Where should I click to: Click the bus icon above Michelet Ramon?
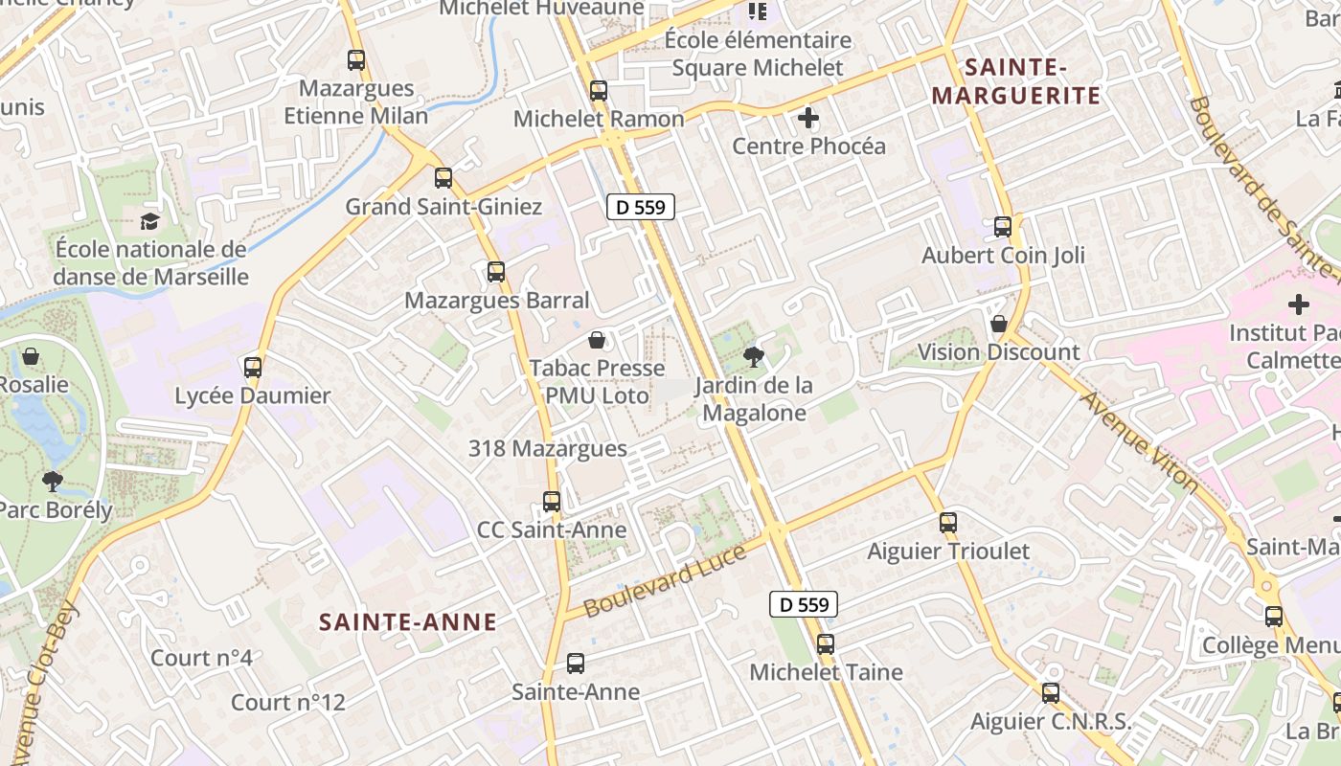[599, 92]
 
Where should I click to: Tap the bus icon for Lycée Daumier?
[253, 368]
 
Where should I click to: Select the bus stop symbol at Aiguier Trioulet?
[948, 523]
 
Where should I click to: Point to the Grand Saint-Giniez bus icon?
[443, 178]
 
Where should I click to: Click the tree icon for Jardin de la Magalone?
[754, 358]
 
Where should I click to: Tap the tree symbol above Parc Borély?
[52, 481]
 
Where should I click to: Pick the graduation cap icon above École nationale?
[150, 222]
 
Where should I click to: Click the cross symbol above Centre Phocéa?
[808, 119]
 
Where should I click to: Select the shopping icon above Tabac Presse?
[597, 340]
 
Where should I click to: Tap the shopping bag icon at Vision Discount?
[999, 324]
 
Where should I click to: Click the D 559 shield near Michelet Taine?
[804, 604]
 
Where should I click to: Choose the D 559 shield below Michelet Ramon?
[641, 207]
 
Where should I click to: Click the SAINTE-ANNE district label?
[408, 622]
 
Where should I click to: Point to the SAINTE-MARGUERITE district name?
[1016, 81]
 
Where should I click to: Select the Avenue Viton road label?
[1140, 441]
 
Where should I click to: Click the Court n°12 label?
[287, 703]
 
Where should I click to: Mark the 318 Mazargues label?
[548, 448]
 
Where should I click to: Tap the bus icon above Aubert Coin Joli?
[1003, 227]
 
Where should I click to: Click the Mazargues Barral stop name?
[497, 301]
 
